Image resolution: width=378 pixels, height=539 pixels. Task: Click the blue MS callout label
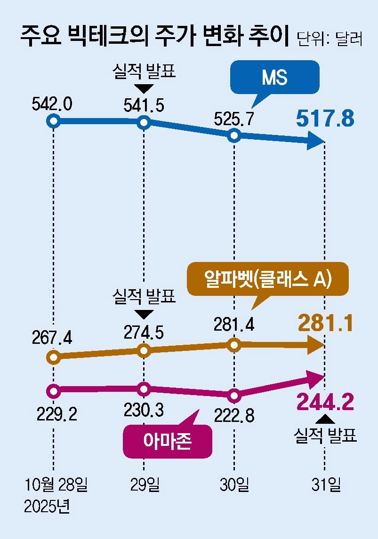point(274,78)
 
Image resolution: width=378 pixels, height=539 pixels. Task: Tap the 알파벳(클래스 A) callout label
point(268,279)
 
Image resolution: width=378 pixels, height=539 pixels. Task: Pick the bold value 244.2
point(325,402)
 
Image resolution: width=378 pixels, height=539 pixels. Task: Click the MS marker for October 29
point(144,123)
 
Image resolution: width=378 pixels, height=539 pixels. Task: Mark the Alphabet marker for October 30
point(234,345)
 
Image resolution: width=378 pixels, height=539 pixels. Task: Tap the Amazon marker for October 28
point(54,390)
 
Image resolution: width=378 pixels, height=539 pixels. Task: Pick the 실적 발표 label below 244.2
point(325,435)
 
